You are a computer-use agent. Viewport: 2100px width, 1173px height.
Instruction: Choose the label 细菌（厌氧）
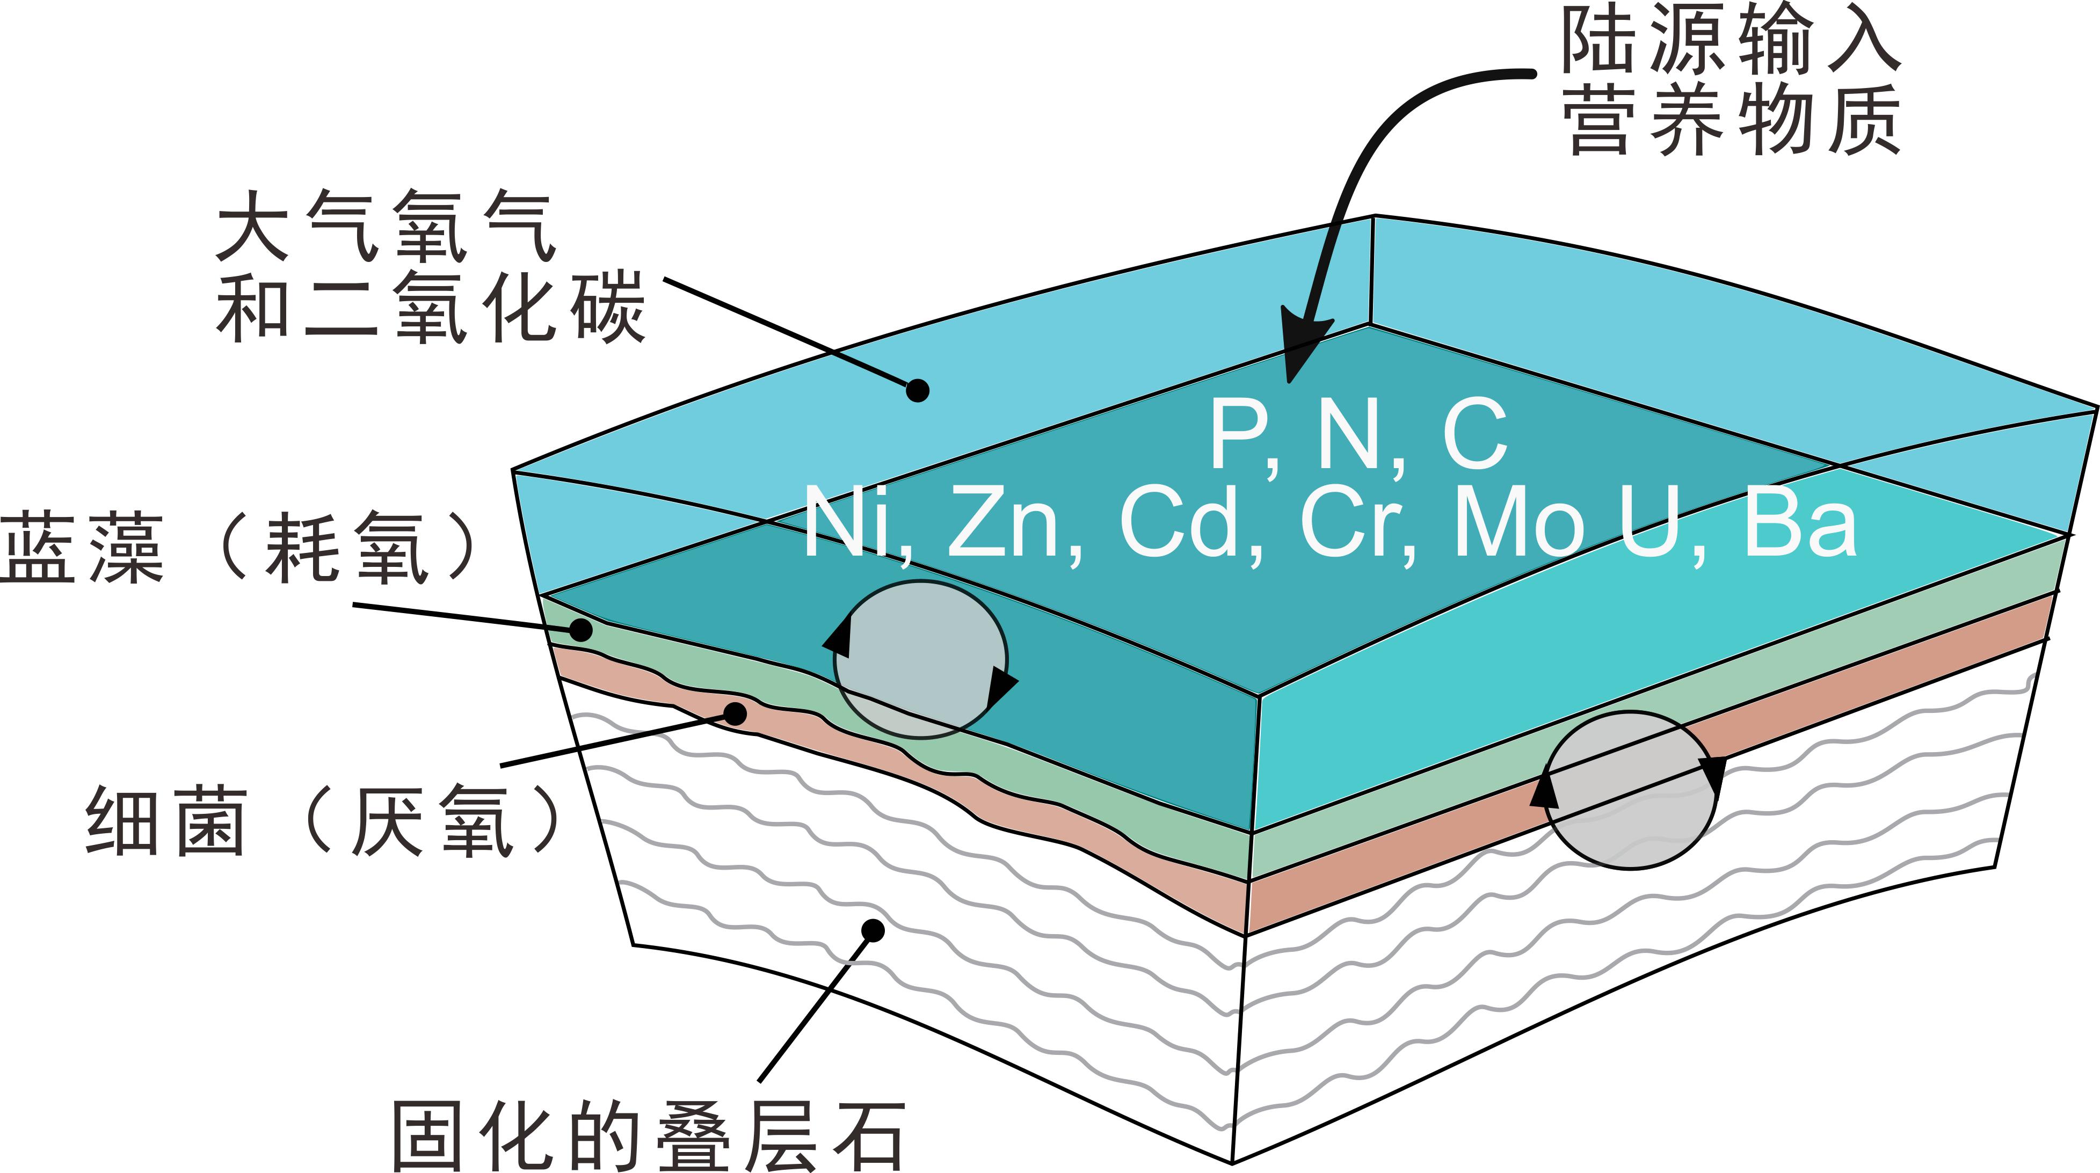323,820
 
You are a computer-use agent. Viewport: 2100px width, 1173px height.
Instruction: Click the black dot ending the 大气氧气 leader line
918,390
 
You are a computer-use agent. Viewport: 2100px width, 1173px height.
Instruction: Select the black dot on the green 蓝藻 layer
580,629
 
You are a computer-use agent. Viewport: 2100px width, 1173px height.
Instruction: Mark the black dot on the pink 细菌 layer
735,713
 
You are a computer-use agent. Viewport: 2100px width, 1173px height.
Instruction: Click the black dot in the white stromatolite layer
873,930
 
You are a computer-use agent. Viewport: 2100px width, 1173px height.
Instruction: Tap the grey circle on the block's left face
920,659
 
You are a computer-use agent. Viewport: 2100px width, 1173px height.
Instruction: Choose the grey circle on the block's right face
1630,790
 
